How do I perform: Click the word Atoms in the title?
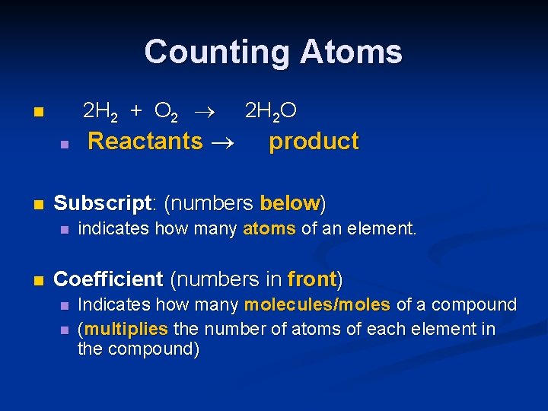point(351,52)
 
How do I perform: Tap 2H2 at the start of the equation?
point(100,112)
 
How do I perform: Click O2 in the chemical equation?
point(166,112)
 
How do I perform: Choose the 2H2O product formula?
point(270,112)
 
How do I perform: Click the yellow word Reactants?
point(145,142)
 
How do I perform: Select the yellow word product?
point(314,142)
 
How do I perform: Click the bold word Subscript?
point(103,204)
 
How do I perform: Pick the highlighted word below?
point(289,204)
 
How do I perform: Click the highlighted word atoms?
point(269,228)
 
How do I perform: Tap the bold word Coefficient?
point(108,279)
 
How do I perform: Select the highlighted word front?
point(312,279)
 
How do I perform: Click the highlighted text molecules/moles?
point(317,304)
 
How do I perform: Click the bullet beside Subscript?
point(38,205)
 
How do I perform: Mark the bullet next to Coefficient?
point(38,280)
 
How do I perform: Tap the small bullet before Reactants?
point(65,143)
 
